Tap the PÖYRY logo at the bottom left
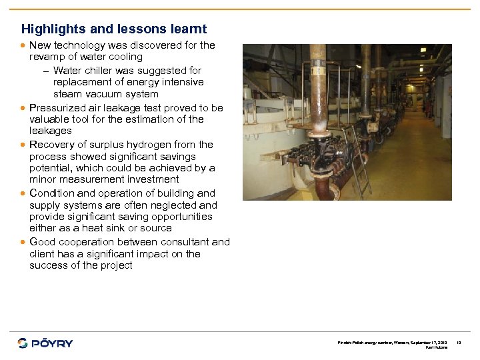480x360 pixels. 45,343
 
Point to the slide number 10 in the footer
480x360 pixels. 459,342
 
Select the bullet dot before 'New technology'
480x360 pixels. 24,46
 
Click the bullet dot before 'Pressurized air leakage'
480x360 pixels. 24,108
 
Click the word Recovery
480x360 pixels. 51,144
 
